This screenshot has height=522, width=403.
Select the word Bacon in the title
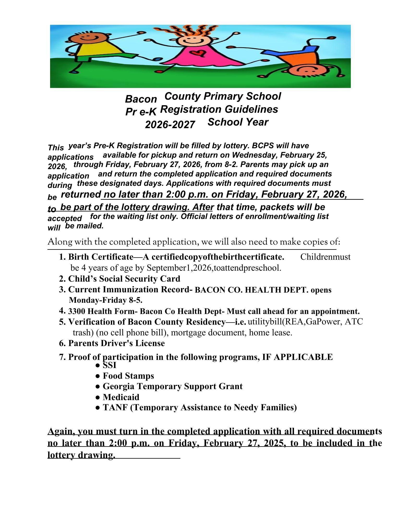click(x=141, y=99)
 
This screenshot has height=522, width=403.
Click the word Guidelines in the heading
click(x=251, y=109)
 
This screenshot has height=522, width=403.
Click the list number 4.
click(x=62, y=311)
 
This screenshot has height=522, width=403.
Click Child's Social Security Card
click(x=124, y=279)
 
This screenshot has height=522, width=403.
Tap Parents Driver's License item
click(x=116, y=343)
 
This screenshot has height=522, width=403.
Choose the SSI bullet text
click(x=109, y=365)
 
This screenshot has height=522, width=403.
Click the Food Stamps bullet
click(x=128, y=376)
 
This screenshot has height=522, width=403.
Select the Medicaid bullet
click(x=121, y=397)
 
